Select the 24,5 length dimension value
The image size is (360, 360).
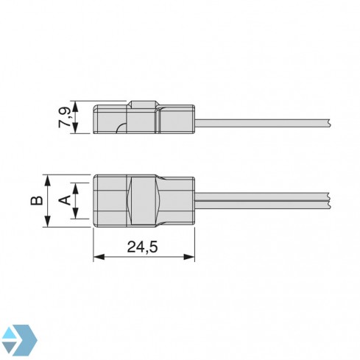pyautogui.click(x=143, y=247)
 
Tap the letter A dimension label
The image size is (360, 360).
pyautogui.click(x=64, y=200)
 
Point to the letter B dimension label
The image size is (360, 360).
pyautogui.click(x=34, y=200)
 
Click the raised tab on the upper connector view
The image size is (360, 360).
pyautogui.click(x=143, y=105)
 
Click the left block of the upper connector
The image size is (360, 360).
pyautogui.click(x=110, y=118)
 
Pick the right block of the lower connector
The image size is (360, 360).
pyautogui.click(x=177, y=200)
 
